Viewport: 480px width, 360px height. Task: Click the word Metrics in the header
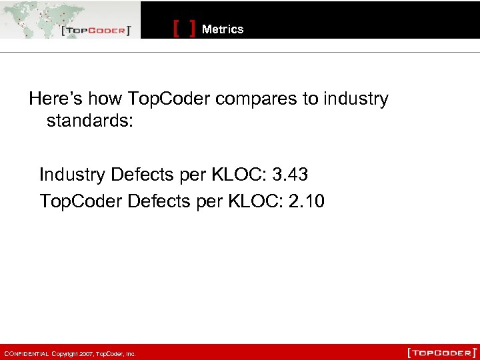223,29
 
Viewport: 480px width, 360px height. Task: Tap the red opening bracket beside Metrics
177,29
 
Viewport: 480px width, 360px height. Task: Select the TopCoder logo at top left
95,31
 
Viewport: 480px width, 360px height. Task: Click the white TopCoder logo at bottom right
442,352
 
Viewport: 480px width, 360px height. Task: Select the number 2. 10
307,201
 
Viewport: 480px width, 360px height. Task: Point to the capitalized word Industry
73,175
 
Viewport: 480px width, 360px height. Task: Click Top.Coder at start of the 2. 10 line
81,201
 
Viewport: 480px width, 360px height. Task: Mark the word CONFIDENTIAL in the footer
27,353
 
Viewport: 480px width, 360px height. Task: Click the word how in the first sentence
107,99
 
